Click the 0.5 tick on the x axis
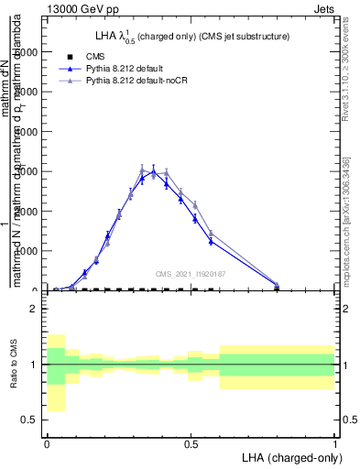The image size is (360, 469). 191,443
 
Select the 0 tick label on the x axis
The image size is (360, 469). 47,443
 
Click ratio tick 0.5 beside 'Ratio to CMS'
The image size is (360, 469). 31,420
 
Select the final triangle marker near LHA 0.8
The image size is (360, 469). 277,285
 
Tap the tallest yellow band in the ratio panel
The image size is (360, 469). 55,373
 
